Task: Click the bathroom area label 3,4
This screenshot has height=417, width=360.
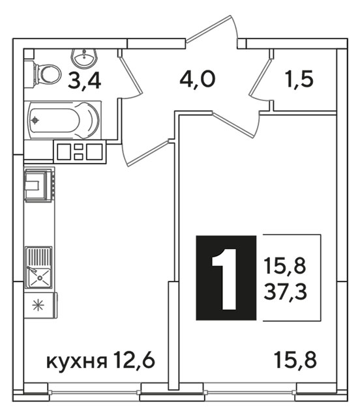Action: [84, 79]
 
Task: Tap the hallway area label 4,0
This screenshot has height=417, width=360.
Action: [198, 79]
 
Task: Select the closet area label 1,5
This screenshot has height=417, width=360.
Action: [299, 79]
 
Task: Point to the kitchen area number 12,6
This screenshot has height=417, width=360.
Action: [134, 360]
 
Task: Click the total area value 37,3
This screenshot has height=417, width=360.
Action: [286, 291]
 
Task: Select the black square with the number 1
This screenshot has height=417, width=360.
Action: [226, 278]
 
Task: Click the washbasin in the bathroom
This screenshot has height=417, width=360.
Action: [84, 58]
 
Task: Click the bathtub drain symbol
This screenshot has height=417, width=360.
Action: [35, 121]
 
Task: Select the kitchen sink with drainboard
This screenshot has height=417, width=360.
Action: [38, 268]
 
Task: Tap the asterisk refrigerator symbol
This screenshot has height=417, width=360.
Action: [38, 305]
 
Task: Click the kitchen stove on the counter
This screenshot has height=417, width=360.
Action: [39, 184]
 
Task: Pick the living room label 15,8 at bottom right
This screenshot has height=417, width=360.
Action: [295, 360]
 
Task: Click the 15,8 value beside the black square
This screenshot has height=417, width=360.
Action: [285, 266]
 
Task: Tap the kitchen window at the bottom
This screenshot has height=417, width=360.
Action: [94, 392]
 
